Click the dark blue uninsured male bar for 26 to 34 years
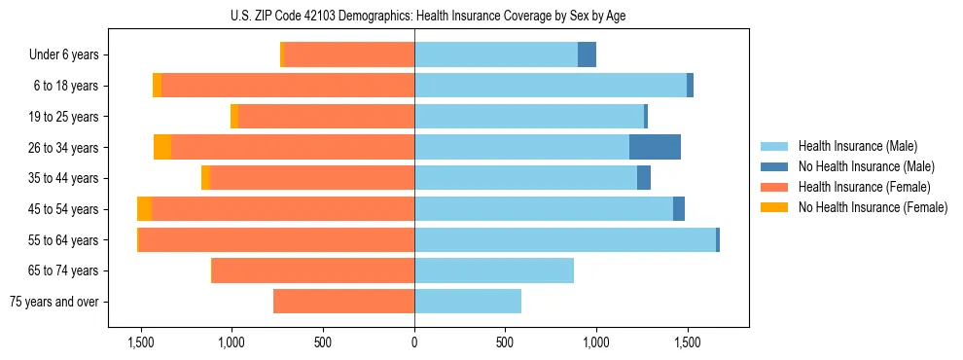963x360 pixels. (x=655, y=148)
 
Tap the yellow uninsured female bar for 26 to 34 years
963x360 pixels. (x=162, y=148)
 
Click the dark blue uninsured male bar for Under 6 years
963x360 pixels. (x=587, y=55)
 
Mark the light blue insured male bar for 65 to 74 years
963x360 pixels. (x=494, y=270)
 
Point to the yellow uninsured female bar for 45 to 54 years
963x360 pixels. (x=144, y=209)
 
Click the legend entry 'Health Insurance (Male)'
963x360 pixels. (x=857, y=146)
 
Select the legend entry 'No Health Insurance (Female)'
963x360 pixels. (x=873, y=206)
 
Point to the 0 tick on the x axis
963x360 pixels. (x=414, y=342)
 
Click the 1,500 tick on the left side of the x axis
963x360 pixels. (x=141, y=342)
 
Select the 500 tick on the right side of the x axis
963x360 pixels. (x=504, y=342)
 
